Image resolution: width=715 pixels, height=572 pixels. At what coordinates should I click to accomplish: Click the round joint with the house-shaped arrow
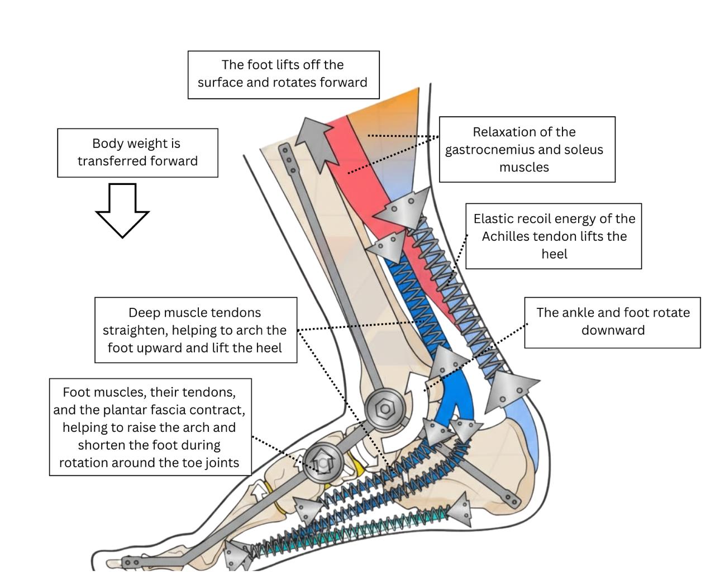tap(323, 463)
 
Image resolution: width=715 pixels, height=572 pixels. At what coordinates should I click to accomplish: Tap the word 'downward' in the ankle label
tap(613, 330)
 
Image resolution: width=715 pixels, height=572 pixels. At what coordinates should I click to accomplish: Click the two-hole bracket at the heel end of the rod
tap(510, 499)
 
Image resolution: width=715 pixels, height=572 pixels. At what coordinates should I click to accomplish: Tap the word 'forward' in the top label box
tap(343, 83)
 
